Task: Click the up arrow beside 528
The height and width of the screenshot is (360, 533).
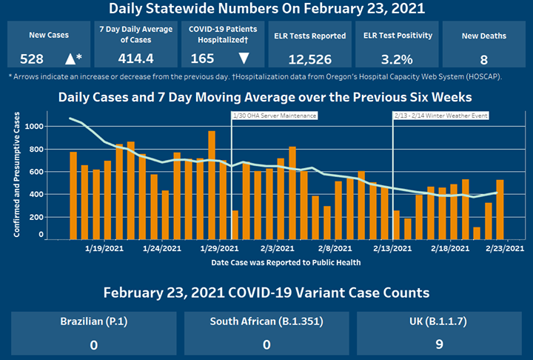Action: pyautogui.click(x=71, y=57)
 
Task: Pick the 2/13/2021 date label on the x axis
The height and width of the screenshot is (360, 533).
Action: pyautogui.click(x=393, y=250)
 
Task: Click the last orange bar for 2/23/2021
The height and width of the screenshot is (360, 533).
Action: pyautogui.click(x=500, y=210)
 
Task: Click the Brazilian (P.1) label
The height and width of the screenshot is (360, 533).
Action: pyautogui.click(x=93, y=323)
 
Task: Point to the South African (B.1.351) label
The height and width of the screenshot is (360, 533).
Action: pyautogui.click(x=266, y=323)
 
